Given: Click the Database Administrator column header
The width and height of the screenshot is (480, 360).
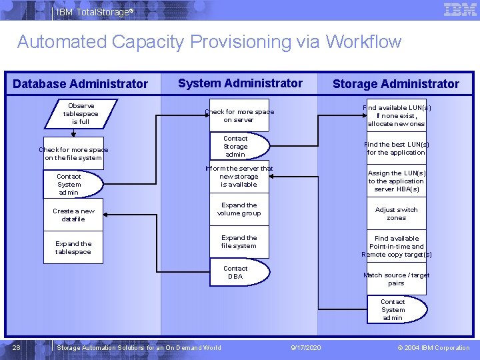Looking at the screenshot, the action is point(80,84).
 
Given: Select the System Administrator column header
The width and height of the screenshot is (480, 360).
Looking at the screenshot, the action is point(240,83).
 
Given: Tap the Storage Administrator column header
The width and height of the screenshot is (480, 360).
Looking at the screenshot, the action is point(395,84).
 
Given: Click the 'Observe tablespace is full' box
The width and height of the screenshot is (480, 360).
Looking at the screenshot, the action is point(80,114).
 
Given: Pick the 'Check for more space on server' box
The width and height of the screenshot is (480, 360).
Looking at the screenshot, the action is point(239,116).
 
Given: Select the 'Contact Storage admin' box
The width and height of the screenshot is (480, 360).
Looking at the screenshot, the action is point(235,147).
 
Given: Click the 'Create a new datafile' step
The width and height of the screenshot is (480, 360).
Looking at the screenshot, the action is point(73,215).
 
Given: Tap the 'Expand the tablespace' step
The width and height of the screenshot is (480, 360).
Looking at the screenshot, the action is point(73,248).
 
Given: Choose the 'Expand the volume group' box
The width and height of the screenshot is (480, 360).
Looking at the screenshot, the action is point(239,209).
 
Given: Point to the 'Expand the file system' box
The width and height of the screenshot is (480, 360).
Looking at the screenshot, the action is point(239,241).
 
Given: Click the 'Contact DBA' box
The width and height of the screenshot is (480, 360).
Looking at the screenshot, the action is point(235,273).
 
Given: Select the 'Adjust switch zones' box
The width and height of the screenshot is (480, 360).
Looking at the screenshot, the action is point(396,213).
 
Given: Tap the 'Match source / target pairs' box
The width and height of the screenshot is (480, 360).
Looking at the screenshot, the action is point(396,279).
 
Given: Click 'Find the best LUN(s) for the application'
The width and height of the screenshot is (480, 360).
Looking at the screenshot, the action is point(396,148).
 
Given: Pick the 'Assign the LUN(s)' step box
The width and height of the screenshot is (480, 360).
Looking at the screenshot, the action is point(396,181).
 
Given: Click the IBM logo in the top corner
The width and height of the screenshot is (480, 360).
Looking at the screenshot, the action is point(459,10).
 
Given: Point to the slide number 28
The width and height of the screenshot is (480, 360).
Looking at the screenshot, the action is point(17,347).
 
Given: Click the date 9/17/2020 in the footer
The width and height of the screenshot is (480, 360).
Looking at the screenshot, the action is point(306,347).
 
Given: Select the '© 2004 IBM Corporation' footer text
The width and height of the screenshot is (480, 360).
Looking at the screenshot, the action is point(433,347).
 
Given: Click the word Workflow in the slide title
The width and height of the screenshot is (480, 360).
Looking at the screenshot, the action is point(363,42).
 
